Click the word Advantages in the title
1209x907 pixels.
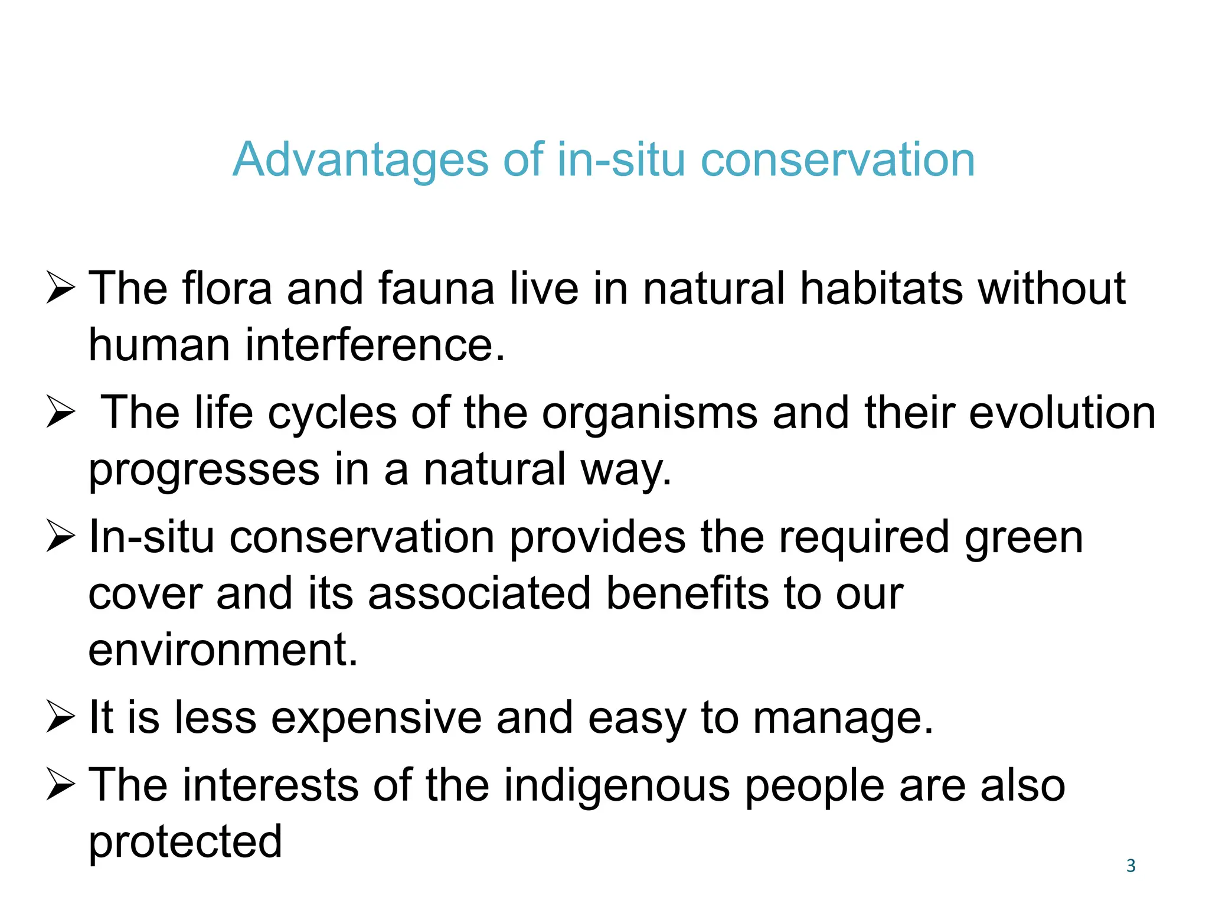(361, 161)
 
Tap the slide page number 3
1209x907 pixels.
(1130, 866)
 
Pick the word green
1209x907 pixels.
(1024, 539)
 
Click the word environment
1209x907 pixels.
(223, 650)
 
